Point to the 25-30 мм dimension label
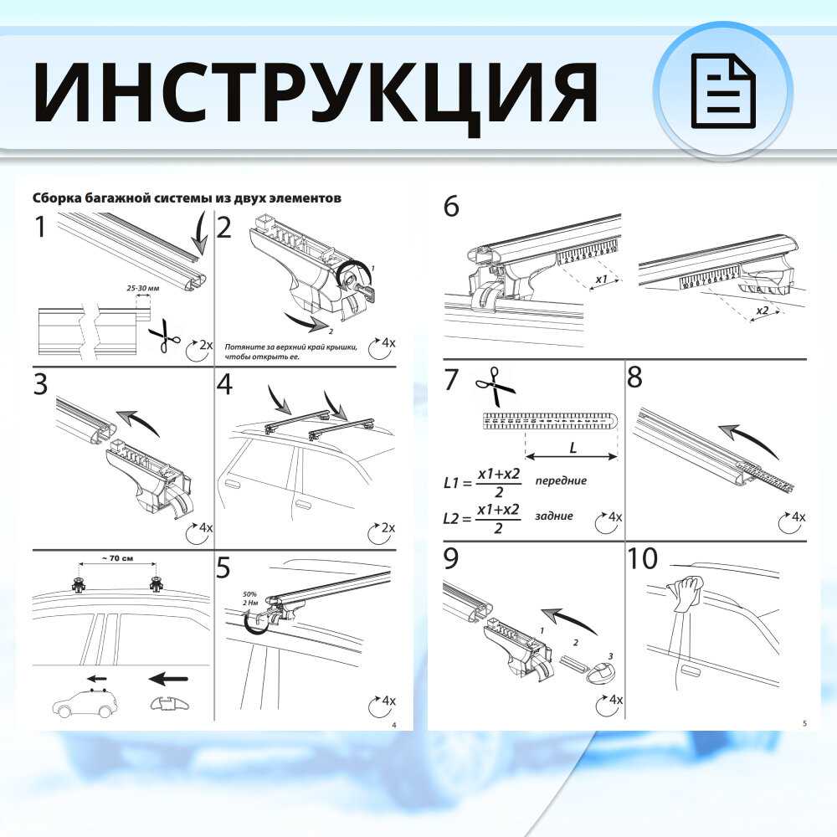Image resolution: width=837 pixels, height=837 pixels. pyautogui.click(x=142, y=287)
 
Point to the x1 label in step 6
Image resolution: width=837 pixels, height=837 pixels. pyautogui.click(x=599, y=278)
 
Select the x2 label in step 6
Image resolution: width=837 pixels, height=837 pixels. pyautogui.click(x=762, y=311)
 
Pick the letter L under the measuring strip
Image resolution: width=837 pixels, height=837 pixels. pyautogui.click(x=573, y=448)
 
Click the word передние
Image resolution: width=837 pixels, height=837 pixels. pyautogui.click(x=561, y=481)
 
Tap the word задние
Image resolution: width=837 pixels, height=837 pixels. pyautogui.click(x=554, y=516)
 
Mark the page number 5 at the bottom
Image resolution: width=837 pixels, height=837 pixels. pyautogui.click(x=804, y=723)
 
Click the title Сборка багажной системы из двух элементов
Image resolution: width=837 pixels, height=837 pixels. pyautogui.click(x=187, y=198)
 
